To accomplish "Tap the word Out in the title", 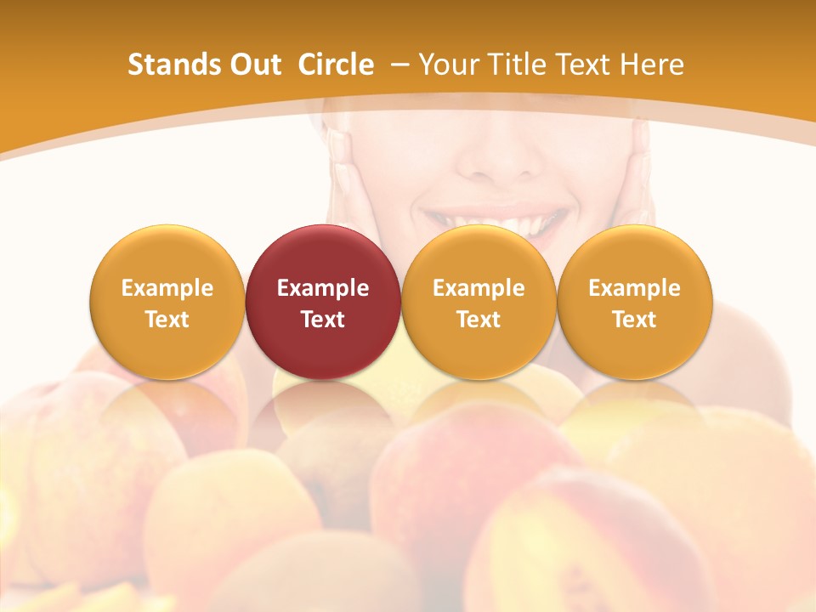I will pyautogui.click(x=253, y=65).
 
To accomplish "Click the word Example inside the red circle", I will pyautogui.click(x=323, y=288).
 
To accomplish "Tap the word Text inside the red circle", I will pyautogui.click(x=323, y=320).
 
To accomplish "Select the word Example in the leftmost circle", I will pyautogui.click(x=167, y=288).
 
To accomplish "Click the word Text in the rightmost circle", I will pyautogui.click(x=635, y=320).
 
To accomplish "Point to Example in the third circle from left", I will pyautogui.click(x=479, y=288).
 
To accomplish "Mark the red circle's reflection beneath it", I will pyautogui.click(x=323, y=408).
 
